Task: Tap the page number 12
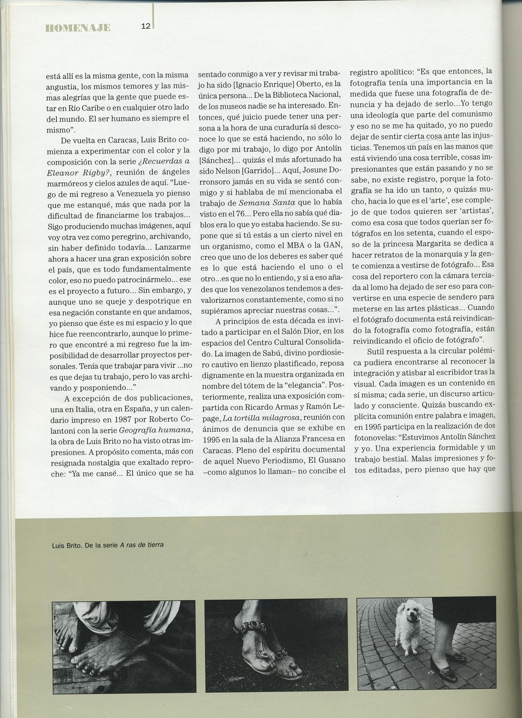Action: coord(145,27)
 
